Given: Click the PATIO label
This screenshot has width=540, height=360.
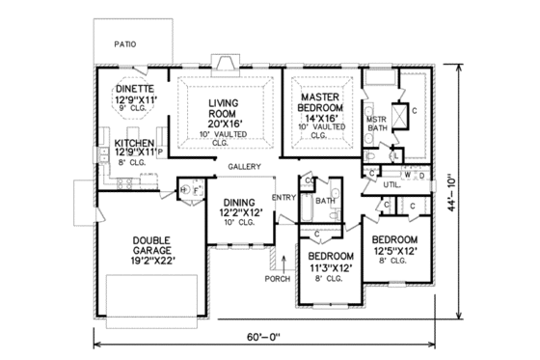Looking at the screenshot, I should [123, 43].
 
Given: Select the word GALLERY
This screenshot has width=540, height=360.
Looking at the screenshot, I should [246, 167].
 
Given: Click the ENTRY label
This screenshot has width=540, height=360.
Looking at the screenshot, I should [283, 198].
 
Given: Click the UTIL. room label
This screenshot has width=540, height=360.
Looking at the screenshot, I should [391, 183].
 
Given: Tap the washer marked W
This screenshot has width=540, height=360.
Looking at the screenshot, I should [408, 175].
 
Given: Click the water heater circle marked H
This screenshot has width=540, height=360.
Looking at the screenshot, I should [182, 191].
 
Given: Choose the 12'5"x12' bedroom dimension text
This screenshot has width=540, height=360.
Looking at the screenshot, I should [394, 249].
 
